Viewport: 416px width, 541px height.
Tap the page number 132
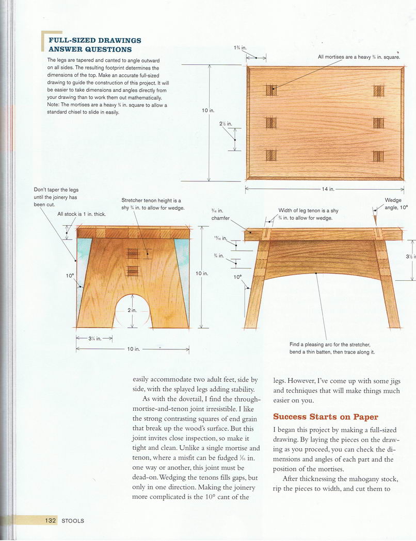(x=50, y=521)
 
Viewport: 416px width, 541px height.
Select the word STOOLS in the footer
(x=73, y=521)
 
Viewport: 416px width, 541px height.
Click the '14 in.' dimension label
(x=328, y=189)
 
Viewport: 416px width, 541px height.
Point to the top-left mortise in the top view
(x=271, y=90)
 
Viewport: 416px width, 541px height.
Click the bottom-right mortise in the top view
(x=378, y=156)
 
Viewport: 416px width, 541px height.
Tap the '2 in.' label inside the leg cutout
(x=132, y=310)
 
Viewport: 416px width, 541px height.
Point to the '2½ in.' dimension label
(x=226, y=124)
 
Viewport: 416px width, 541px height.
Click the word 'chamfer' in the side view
(x=220, y=218)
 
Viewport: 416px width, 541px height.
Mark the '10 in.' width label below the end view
(x=133, y=349)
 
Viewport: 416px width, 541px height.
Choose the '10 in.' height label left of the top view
(x=209, y=110)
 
